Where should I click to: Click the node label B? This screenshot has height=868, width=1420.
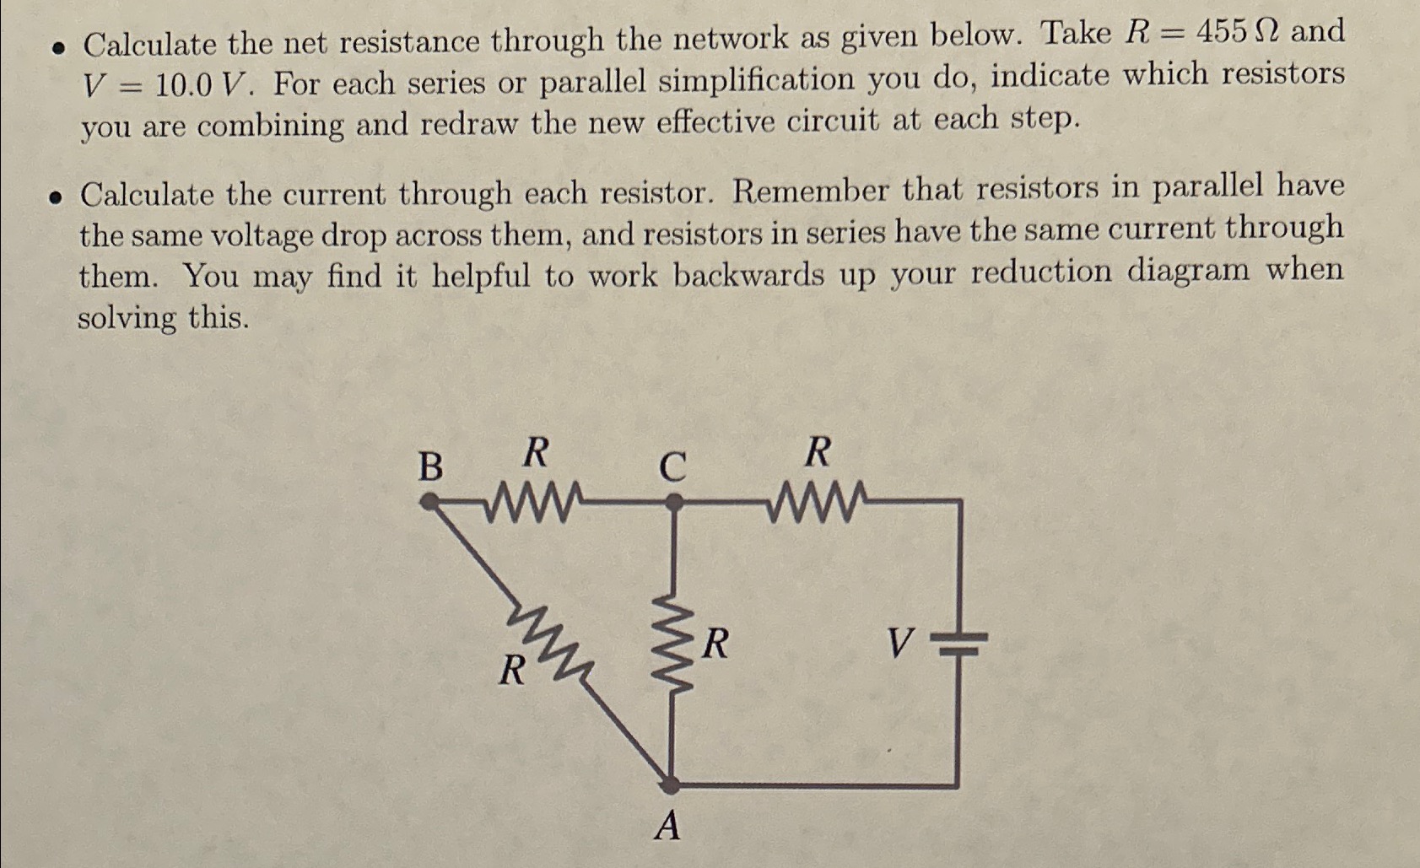coord(430,466)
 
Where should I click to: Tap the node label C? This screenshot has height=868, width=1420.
coord(672,466)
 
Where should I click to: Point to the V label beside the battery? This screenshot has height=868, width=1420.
coord(899,645)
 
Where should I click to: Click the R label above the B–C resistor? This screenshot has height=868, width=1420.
coord(534,453)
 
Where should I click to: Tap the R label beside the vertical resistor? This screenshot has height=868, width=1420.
coord(715,644)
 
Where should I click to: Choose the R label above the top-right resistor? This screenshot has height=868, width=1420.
coord(817,453)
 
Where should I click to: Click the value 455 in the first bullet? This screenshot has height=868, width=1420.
coord(1222,33)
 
